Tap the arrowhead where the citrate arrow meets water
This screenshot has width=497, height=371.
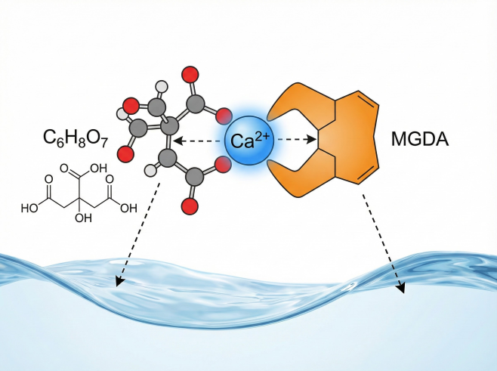tap(118, 284)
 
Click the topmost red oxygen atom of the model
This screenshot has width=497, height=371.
tap(190, 75)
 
